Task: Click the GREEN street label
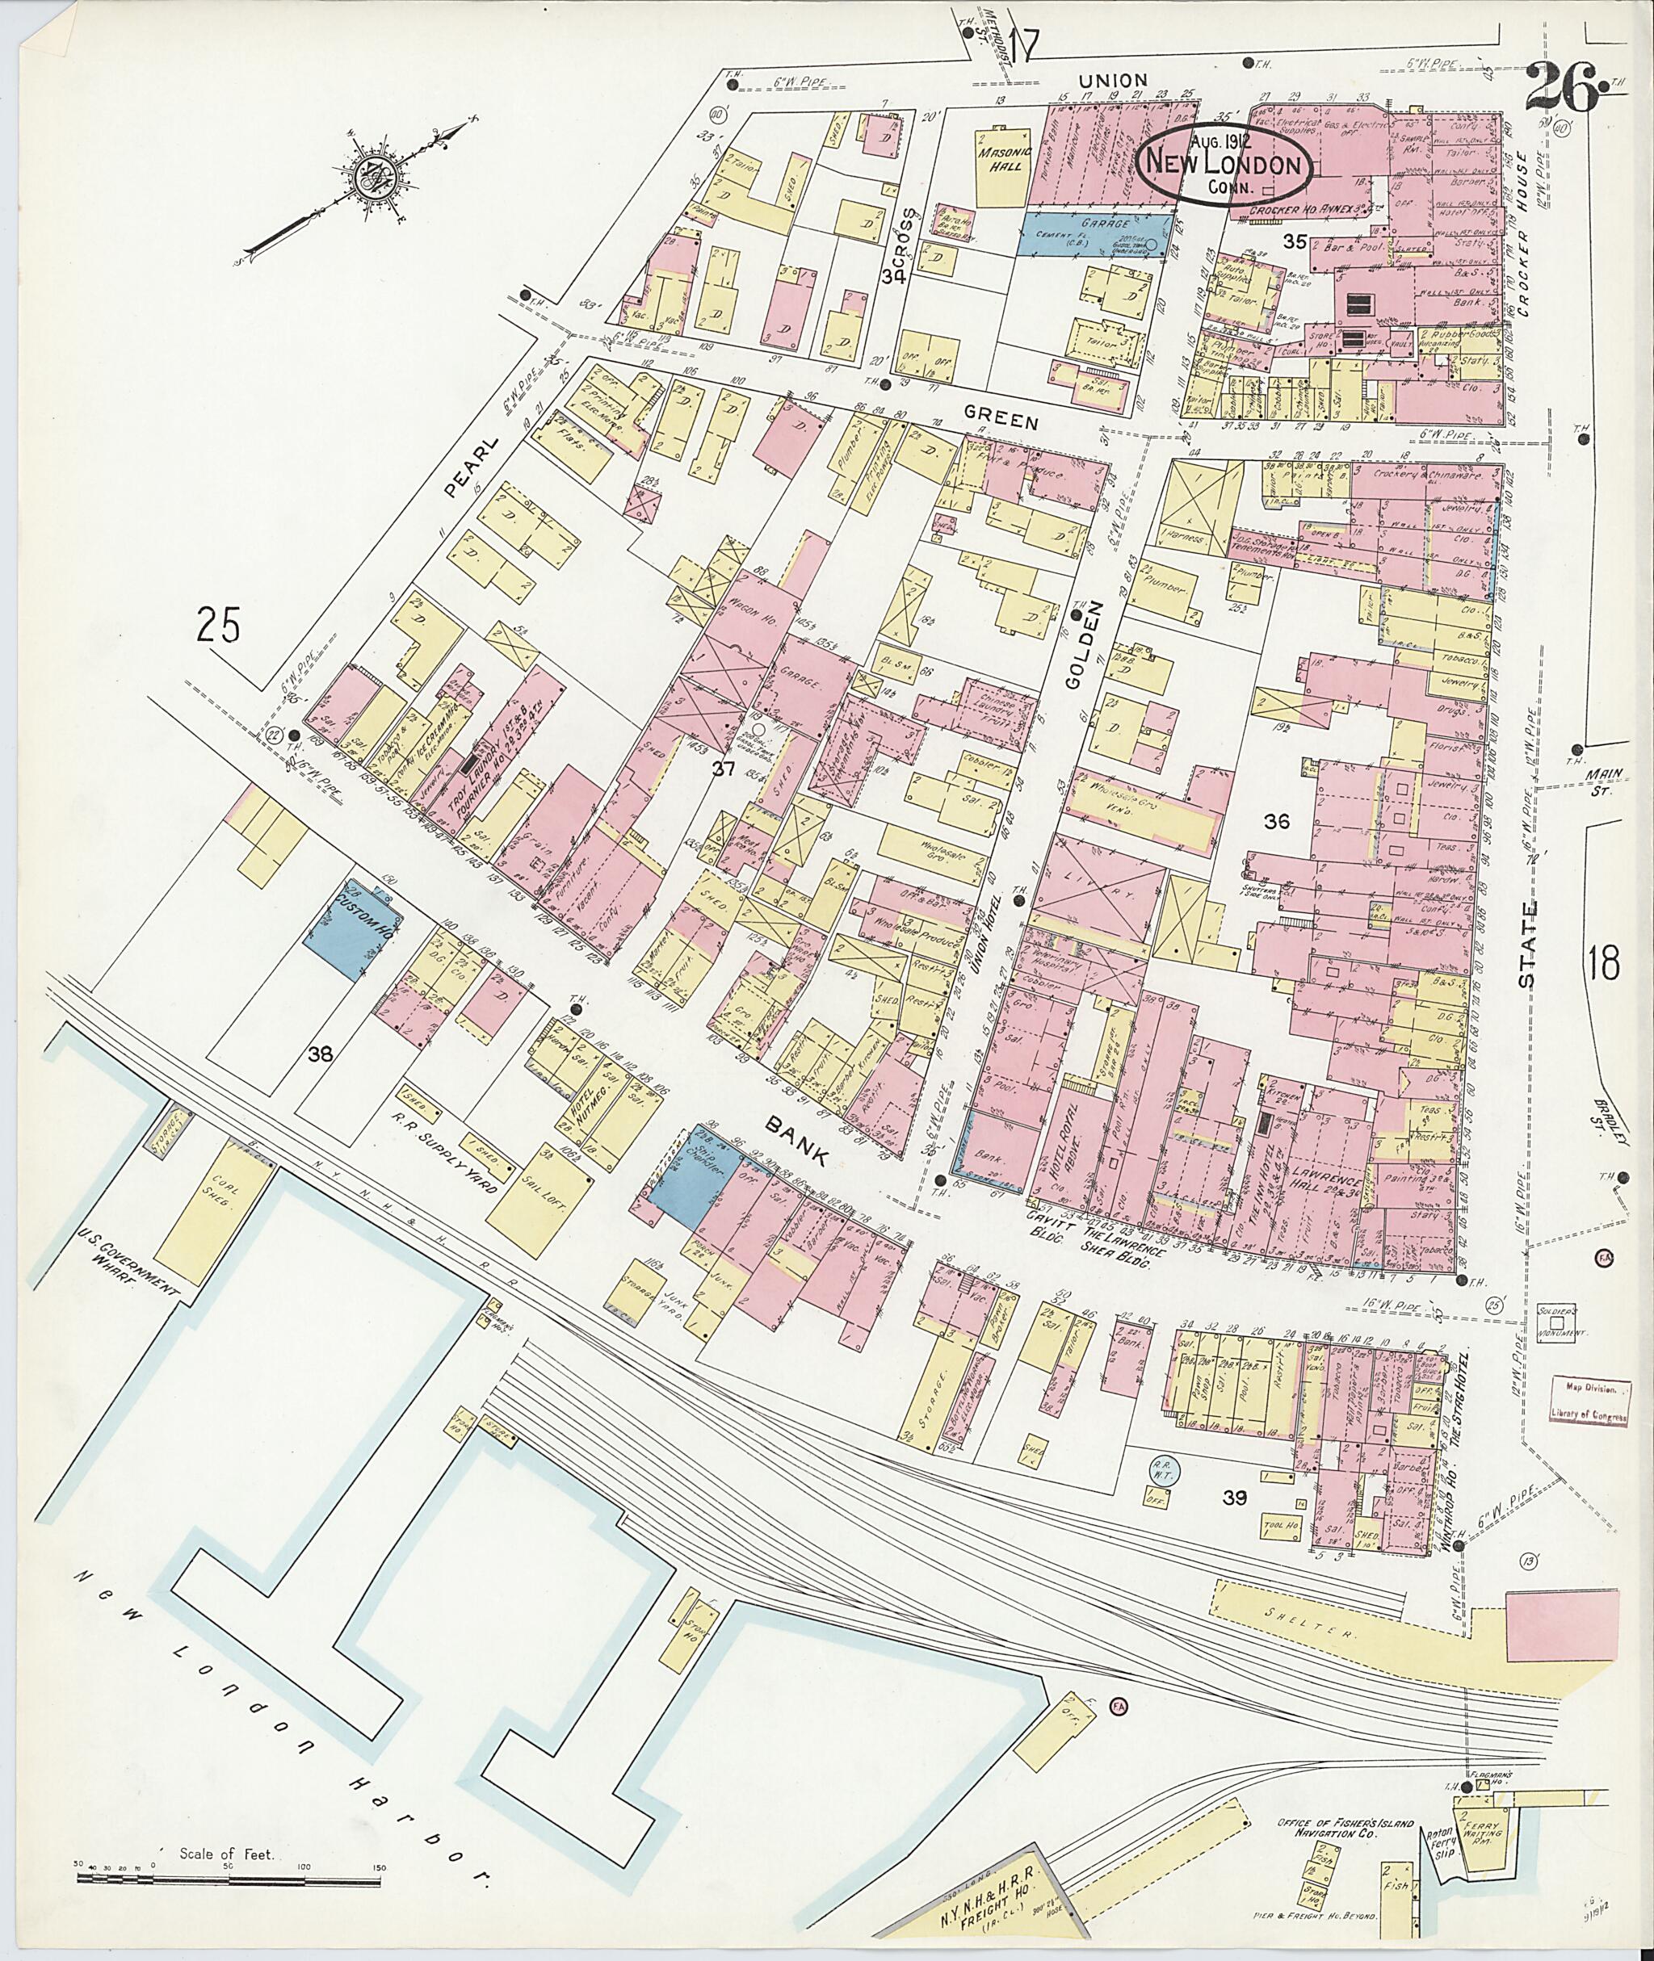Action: (1001, 421)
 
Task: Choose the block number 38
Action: (321, 1054)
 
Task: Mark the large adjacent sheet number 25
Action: (219, 625)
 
